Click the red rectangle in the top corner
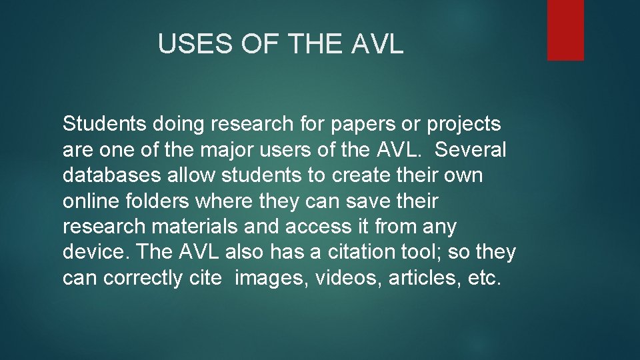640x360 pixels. pyautogui.click(x=565, y=30)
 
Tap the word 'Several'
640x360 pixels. pyautogui.click(x=470, y=150)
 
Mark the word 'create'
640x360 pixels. pyautogui.click(x=349, y=175)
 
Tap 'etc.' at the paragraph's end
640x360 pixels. pyautogui.click(x=484, y=278)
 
